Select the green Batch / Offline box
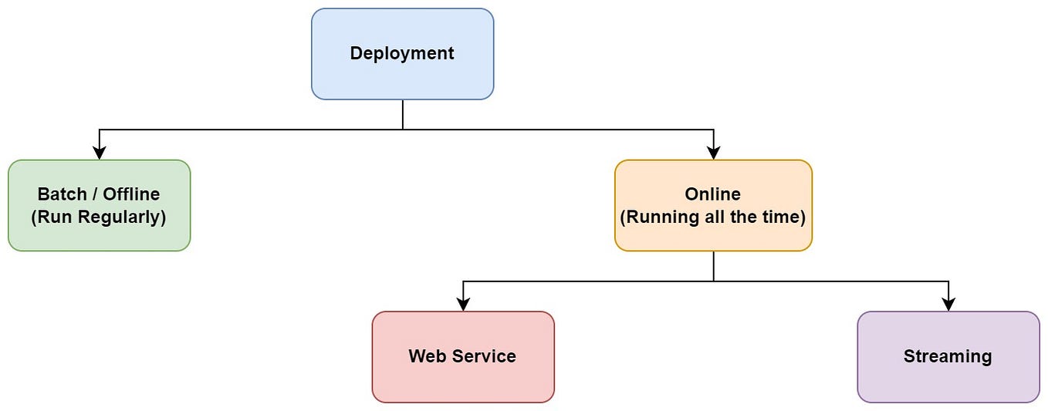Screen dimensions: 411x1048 pyautogui.click(x=99, y=231)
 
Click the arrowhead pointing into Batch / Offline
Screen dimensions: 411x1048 pyautogui.click(x=99, y=153)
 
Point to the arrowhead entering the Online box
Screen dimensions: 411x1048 pyautogui.click(x=713, y=153)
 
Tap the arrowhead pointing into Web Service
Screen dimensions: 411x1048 pyautogui.click(x=462, y=305)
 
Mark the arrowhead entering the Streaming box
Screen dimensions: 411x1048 pyautogui.click(x=948, y=305)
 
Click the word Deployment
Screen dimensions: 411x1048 pyautogui.click(x=402, y=53)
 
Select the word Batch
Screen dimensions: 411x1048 pyautogui.click(x=62, y=194)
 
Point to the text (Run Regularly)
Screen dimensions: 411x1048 pyautogui.click(x=99, y=217)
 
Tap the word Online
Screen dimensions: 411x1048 pyautogui.click(x=713, y=194)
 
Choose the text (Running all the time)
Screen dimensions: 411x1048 pyautogui.click(x=713, y=217)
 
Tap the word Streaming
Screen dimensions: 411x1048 pyautogui.click(x=948, y=356)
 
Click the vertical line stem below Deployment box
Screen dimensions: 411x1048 pyautogui.click(x=402, y=114)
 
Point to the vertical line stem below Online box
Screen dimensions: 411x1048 pyautogui.click(x=713, y=266)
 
